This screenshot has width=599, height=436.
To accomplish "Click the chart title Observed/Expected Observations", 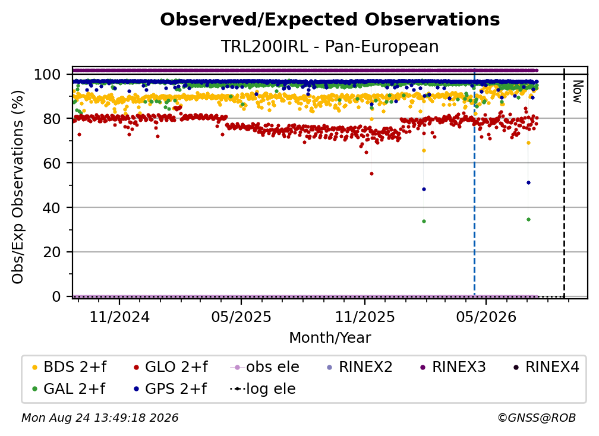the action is point(330,20).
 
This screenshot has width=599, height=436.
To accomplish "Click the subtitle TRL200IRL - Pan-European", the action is point(330,46).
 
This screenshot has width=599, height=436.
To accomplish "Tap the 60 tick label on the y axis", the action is point(52,163).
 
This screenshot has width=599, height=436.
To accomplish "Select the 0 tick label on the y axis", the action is point(56,296).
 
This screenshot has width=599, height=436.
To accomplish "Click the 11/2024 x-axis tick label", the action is point(119,317).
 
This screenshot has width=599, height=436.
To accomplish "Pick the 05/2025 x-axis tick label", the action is point(241,317).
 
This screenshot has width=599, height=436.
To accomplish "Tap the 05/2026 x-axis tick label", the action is point(486,317).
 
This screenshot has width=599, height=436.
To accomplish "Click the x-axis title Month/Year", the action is point(330,337).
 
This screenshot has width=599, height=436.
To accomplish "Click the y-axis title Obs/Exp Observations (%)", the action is point(18,187).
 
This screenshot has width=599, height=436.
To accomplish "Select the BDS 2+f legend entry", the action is point(69,367).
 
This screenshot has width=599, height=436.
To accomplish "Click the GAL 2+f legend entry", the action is point(69,389).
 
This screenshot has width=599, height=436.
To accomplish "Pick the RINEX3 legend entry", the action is point(453,367).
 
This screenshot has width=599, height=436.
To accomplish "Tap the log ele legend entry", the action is point(263,389).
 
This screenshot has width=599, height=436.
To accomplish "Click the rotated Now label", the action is point(578,91).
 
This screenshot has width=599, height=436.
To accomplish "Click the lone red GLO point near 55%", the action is point(372,173).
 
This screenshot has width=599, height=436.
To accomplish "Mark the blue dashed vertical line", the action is point(474,182).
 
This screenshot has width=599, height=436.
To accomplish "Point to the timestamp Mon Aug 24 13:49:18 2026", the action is point(100,418).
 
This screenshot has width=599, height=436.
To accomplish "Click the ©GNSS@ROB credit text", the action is point(537,418).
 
